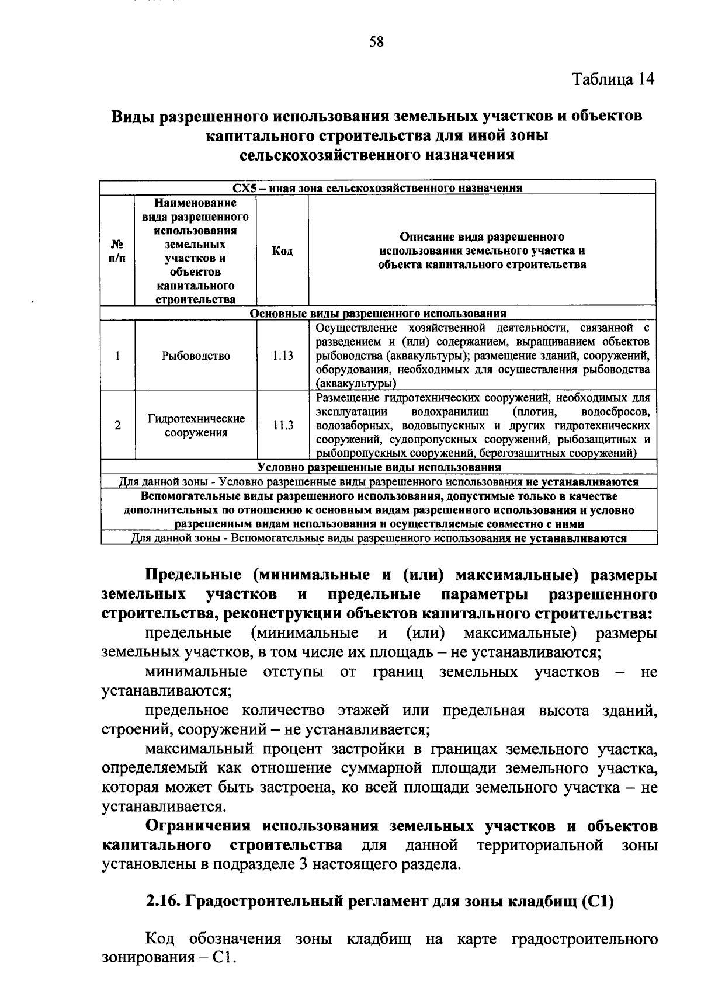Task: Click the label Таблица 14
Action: (613, 79)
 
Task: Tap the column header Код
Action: (282, 251)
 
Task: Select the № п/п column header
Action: (117, 251)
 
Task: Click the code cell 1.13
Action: (283, 356)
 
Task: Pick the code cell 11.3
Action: (283, 426)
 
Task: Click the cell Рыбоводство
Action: (196, 356)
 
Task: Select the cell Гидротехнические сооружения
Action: (196, 426)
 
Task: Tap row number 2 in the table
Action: (117, 426)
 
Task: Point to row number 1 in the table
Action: (117, 356)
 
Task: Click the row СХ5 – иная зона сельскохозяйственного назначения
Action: (377, 188)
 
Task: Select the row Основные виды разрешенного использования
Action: (378, 314)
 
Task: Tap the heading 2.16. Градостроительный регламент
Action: (379, 902)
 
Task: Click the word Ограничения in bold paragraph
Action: (199, 826)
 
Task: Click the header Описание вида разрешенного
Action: (482, 237)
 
